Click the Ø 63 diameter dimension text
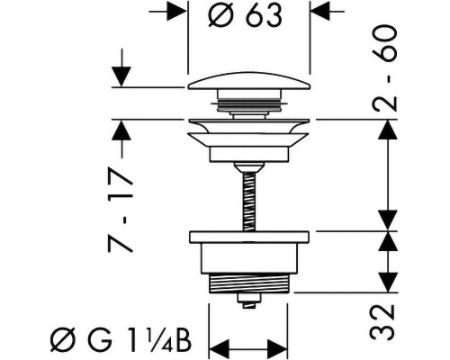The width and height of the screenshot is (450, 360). click(245, 15)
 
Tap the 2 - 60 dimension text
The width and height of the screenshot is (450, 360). click(385, 68)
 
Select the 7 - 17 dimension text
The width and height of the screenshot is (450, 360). click(120, 210)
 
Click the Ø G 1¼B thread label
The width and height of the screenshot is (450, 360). click(121, 341)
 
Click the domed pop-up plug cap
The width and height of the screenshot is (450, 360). click(249, 81)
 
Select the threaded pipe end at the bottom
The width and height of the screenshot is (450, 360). click(248, 283)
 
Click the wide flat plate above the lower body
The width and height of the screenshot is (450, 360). click(249, 237)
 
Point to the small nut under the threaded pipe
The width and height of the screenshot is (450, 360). click(248, 300)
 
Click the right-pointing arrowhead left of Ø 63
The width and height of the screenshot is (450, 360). click(177, 11)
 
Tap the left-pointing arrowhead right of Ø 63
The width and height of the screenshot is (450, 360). click(320, 11)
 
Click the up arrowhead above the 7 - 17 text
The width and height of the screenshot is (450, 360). click(121, 130)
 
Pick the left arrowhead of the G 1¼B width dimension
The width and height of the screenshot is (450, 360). click(219, 349)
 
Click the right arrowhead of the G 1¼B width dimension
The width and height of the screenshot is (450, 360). click(277, 349)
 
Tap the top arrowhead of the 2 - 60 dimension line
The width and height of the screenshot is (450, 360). click(388, 130)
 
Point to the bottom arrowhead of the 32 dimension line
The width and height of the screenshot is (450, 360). click(388, 282)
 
